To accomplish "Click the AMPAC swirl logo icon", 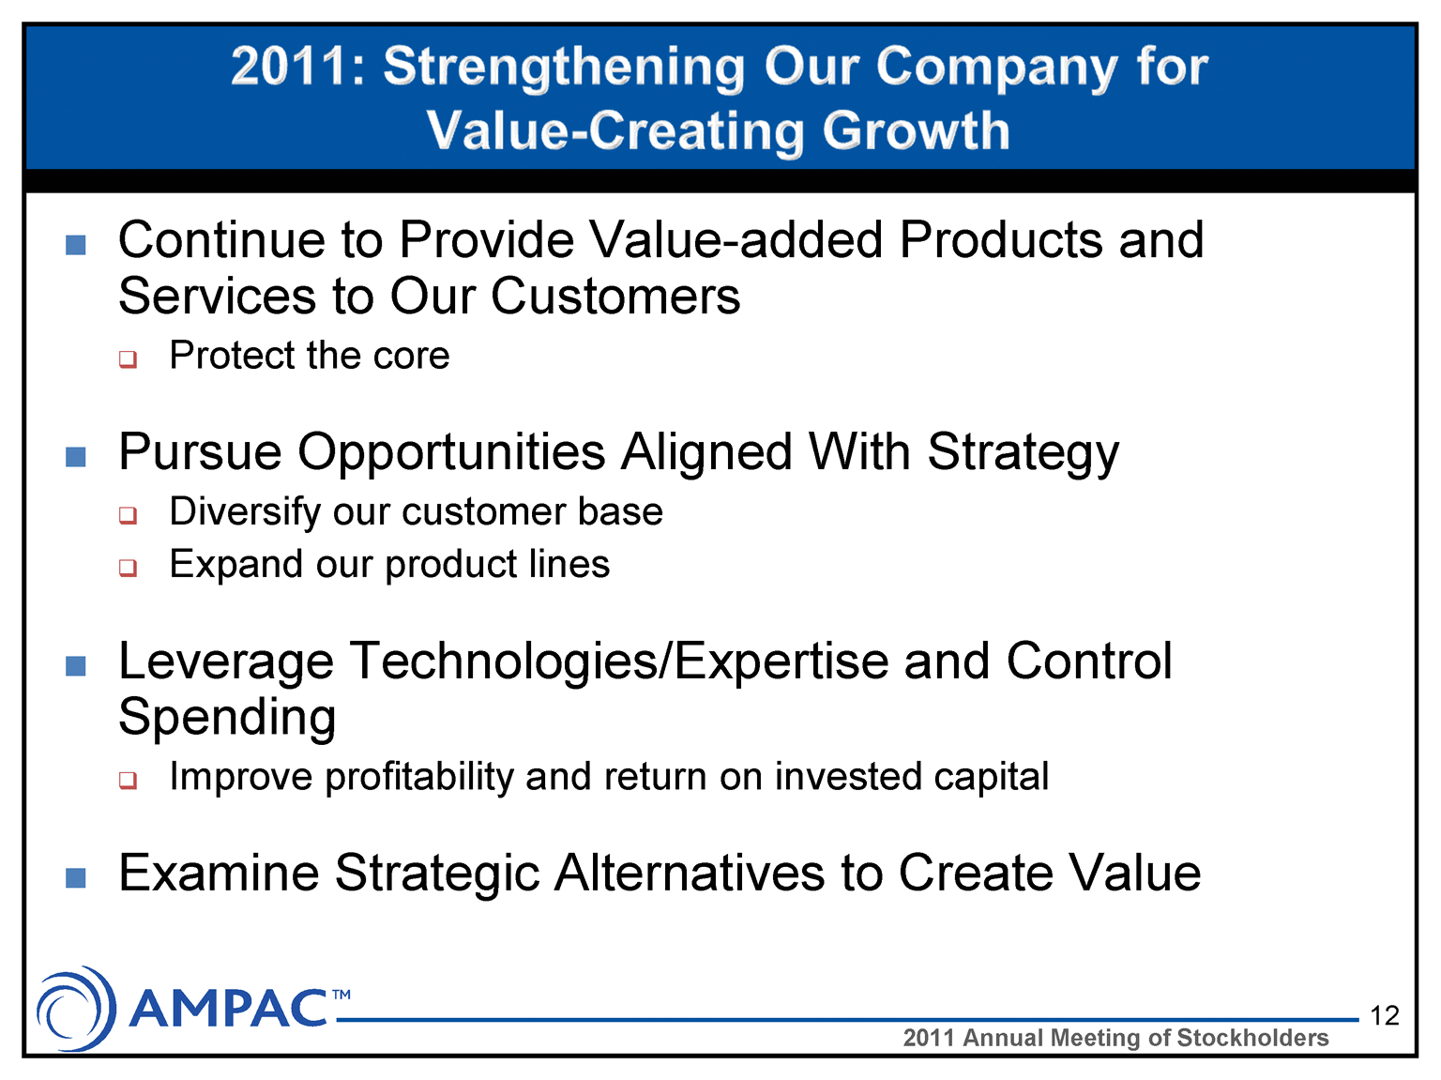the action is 76,1009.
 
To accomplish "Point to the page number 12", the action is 1385,1015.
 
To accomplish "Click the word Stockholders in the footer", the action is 1253,1038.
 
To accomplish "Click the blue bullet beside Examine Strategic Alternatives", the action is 76,877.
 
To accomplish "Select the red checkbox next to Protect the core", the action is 128,359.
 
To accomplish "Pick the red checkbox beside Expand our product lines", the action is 128,568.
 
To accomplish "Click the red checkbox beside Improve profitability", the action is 128,780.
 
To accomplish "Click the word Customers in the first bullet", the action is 615,297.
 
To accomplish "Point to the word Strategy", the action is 1023,454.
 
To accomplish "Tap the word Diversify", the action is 244,512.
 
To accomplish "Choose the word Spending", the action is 227,718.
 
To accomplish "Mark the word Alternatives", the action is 690,874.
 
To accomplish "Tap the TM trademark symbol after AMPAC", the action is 341,995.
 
